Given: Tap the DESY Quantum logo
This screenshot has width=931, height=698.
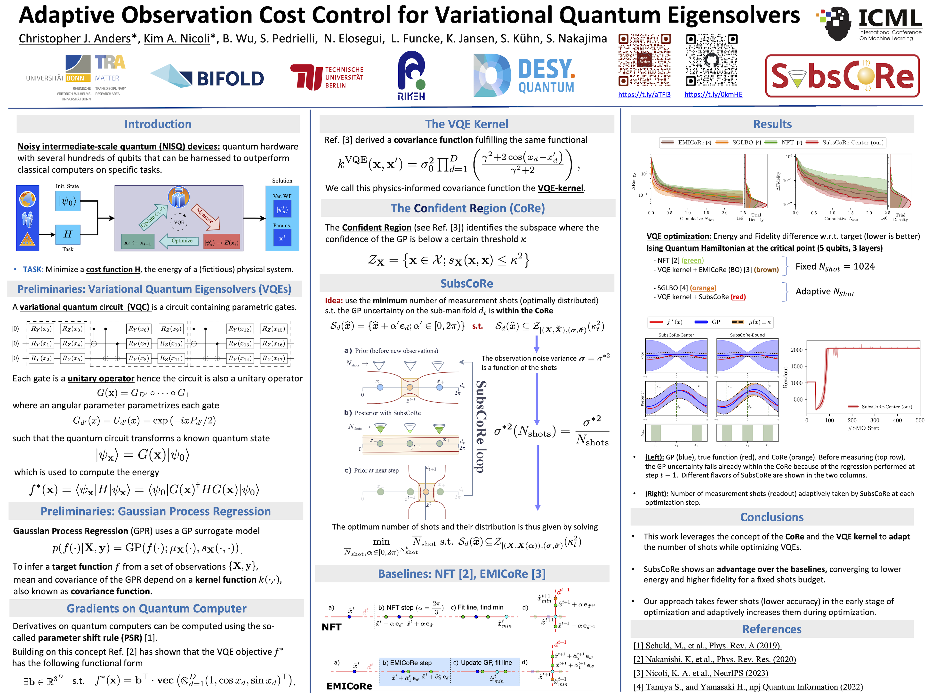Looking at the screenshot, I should [524, 75].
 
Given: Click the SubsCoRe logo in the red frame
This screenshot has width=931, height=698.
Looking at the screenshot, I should [842, 76].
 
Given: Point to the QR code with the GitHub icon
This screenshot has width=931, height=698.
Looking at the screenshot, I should [711, 60].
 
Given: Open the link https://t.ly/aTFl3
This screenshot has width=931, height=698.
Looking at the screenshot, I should [644, 95].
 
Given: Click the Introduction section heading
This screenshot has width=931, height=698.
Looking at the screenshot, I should [158, 124].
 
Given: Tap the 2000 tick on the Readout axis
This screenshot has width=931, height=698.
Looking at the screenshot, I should [796, 350].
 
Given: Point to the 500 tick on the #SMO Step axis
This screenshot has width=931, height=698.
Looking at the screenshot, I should [920, 420].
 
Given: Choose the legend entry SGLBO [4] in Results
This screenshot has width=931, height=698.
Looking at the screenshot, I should [746, 143].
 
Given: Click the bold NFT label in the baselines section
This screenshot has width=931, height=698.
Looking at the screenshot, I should [331, 627].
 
